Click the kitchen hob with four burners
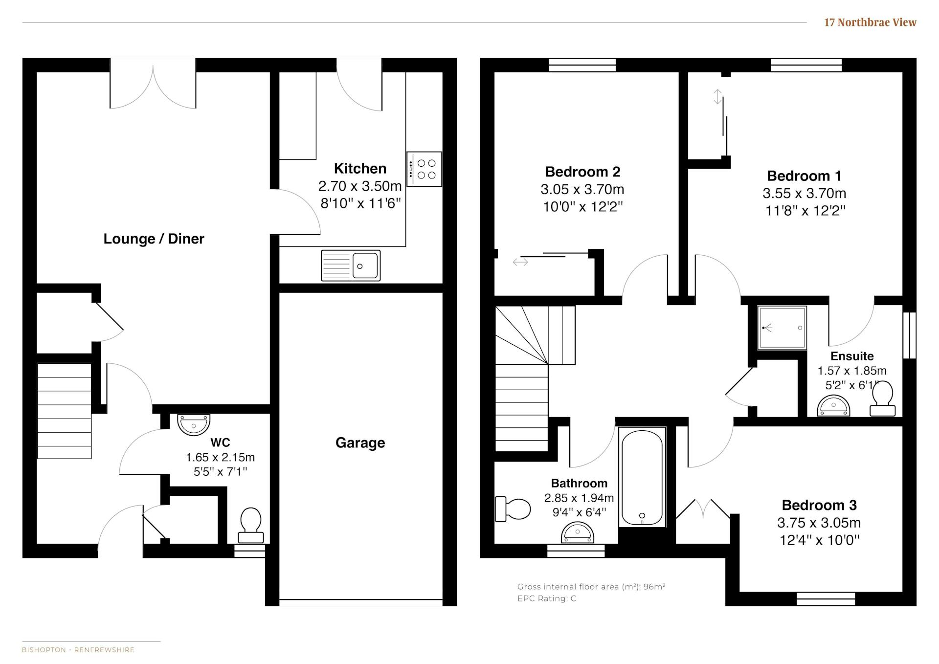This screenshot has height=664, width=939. (x=424, y=169)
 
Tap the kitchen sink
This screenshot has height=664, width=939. (x=351, y=266)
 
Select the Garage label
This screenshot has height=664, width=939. (x=360, y=443)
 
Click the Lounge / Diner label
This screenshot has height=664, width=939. (x=154, y=239)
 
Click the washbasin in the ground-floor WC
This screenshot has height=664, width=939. (x=194, y=424)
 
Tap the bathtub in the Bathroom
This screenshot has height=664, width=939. (x=642, y=477)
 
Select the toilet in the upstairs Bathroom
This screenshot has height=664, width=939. (x=513, y=509)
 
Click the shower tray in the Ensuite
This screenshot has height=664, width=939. (x=782, y=328)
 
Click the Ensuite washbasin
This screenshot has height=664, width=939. (x=833, y=406)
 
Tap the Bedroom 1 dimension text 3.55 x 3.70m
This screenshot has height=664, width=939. (x=805, y=193)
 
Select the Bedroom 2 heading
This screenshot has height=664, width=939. (x=582, y=172)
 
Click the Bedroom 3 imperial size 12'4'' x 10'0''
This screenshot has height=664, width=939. (x=819, y=540)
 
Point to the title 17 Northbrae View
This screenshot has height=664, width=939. (x=870, y=22)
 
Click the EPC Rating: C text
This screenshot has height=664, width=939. (x=547, y=598)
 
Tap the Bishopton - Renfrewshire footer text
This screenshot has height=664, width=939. (x=78, y=650)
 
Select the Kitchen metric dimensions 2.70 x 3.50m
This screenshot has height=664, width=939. (x=360, y=186)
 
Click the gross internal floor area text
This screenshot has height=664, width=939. (x=591, y=587)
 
